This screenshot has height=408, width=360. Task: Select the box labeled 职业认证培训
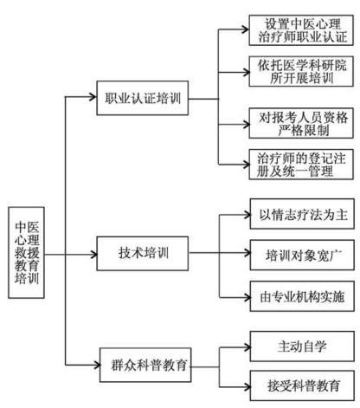[139, 96]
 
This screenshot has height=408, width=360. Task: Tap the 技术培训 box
[139, 255]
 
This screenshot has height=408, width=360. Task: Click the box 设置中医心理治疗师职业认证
[299, 29]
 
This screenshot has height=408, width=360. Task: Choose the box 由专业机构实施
[299, 295]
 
